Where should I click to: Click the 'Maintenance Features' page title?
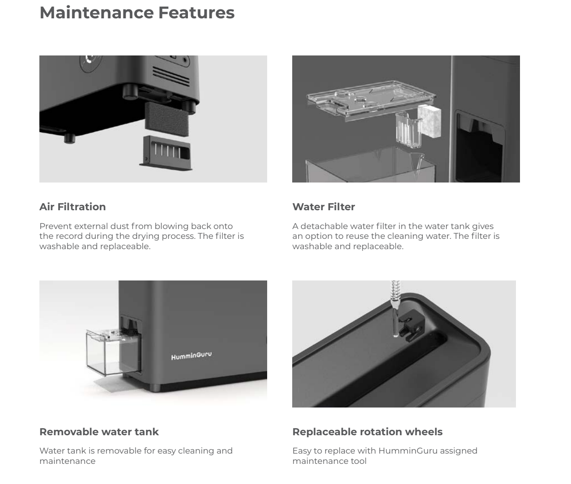[137, 13]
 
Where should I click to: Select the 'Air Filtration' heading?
[72, 207]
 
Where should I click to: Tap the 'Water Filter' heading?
[324, 207]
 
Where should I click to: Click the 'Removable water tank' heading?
[99, 432]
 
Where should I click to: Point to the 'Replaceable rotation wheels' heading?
[367, 432]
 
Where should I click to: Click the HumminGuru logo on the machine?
[191, 356]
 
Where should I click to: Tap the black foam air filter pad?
[167, 119]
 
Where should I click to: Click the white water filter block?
[429, 122]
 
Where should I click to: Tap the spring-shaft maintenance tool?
[395, 308]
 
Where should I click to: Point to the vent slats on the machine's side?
[171, 76]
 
